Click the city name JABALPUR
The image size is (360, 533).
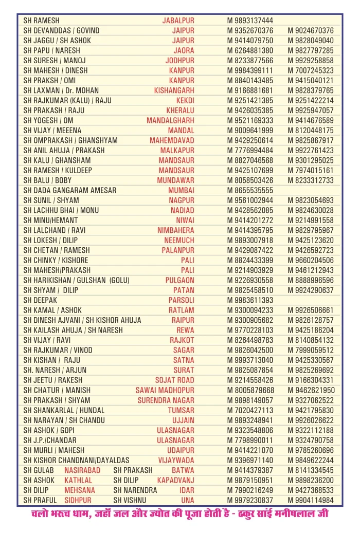click(x=178, y=21)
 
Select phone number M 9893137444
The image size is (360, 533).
click(x=250, y=21)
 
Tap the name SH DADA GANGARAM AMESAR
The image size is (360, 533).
click(x=70, y=190)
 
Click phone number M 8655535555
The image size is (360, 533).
click(x=250, y=190)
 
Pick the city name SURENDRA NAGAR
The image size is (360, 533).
click(x=165, y=400)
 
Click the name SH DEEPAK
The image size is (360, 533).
click(x=40, y=300)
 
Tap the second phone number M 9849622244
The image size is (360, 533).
click(x=311, y=460)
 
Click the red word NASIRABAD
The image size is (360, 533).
click(x=82, y=470)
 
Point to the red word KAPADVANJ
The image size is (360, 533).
click(x=175, y=480)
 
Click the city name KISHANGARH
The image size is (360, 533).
click(x=174, y=90)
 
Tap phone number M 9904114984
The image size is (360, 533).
click(x=311, y=500)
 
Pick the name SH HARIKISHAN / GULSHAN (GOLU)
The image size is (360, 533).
click(x=76, y=280)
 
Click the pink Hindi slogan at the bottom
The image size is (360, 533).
click(x=179, y=514)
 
